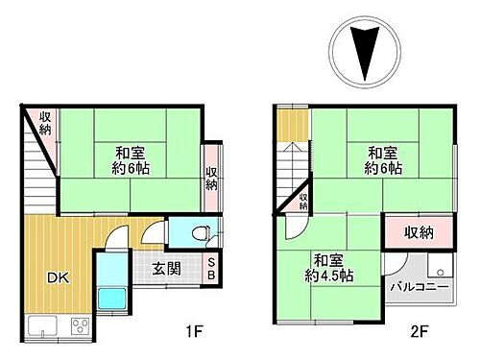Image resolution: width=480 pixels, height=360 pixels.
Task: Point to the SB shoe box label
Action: pyautogui.click(x=211, y=270)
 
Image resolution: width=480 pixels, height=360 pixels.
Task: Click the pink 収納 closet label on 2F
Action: pyautogui.click(x=418, y=231)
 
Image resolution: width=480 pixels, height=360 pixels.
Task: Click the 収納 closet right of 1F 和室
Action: pyautogui.click(x=210, y=178)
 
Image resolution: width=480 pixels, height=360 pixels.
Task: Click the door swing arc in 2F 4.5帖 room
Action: pyautogui.click(x=297, y=228)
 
